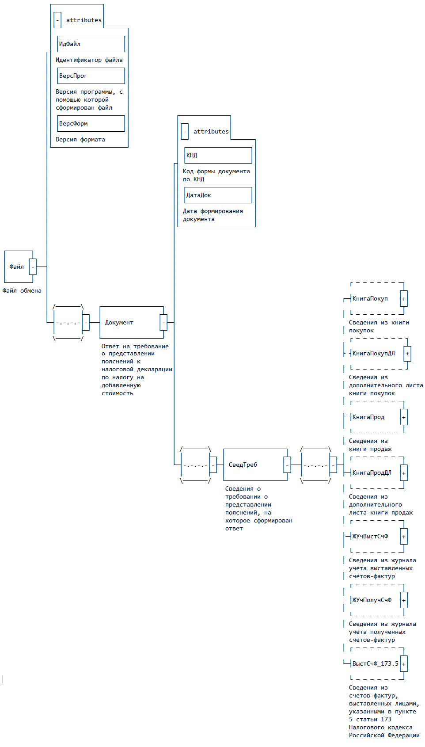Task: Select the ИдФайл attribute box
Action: tap(91, 44)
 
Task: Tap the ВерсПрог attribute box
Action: tap(91, 76)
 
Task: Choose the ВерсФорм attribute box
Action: tap(91, 124)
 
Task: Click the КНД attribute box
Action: tap(218, 156)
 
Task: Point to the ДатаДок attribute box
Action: tap(218, 195)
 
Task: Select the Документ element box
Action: tap(130, 323)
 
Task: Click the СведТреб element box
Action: tap(254, 465)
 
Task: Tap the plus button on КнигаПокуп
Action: tap(404, 299)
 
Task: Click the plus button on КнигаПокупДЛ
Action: tap(407, 354)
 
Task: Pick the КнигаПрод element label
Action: tap(368, 417)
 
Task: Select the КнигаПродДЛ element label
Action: tap(372, 473)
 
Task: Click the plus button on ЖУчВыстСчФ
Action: tap(404, 537)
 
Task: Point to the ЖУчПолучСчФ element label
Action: tap(372, 600)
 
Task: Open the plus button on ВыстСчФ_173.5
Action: tap(404, 664)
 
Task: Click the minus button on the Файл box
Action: tap(33, 267)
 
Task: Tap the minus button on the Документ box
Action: tap(163, 323)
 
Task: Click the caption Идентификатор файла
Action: tap(89, 60)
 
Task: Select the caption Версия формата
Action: tap(80, 140)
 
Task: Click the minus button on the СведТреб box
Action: tap(287, 465)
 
